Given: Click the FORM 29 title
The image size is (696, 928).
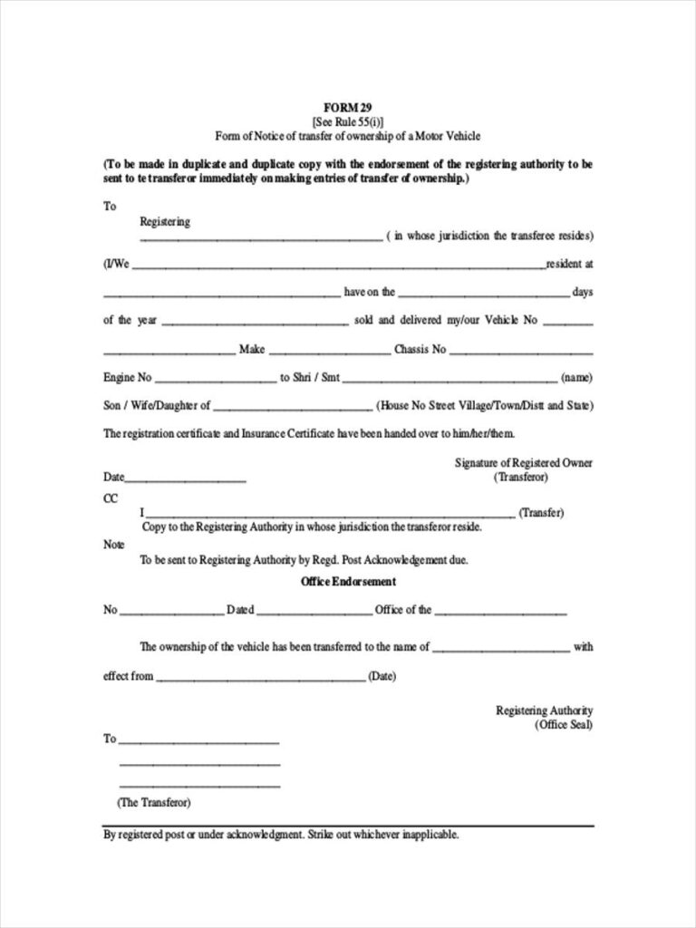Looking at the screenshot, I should click(x=348, y=107).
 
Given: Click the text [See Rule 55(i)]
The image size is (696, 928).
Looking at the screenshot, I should click(x=348, y=121).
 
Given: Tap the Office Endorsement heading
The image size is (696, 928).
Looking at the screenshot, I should click(x=348, y=581).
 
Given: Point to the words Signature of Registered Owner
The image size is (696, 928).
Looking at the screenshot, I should click(x=523, y=462).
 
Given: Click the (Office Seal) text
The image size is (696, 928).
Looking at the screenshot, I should click(x=563, y=726).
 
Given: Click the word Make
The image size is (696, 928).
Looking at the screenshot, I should click(x=251, y=349).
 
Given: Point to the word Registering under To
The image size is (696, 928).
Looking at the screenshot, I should click(x=165, y=221).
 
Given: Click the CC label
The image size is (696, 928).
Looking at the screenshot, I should click(x=111, y=498).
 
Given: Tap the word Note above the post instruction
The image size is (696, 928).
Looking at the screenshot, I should click(x=113, y=545).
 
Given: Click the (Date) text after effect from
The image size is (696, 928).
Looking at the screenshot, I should click(x=381, y=676).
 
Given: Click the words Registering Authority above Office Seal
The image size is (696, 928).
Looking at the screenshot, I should click(x=544, y=710).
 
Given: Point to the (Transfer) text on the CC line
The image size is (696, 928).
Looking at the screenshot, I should click(x=541, y=512).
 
